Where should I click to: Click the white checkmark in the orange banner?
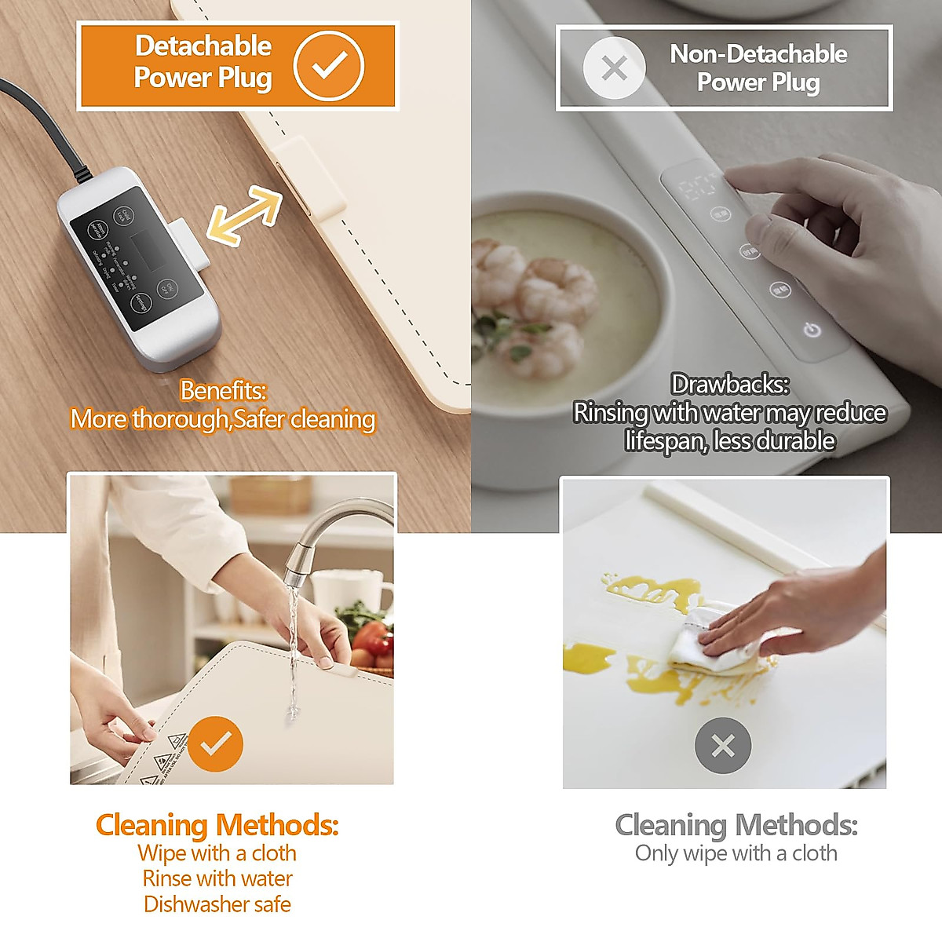(329, 66)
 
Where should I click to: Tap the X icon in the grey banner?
(614, 68)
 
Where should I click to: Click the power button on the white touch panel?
(812, 330)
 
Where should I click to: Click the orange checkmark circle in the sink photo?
(215, 743)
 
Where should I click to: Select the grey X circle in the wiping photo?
(722, 745)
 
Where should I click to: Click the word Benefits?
(223, 390)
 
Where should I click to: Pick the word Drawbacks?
(730, 384)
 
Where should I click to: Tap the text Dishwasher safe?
(217, 904)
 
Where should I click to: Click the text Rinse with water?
(217, 878)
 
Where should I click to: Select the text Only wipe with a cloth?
(736, 853)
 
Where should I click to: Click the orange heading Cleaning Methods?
(217, 825)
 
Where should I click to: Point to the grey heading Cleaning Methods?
(736, 825)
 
